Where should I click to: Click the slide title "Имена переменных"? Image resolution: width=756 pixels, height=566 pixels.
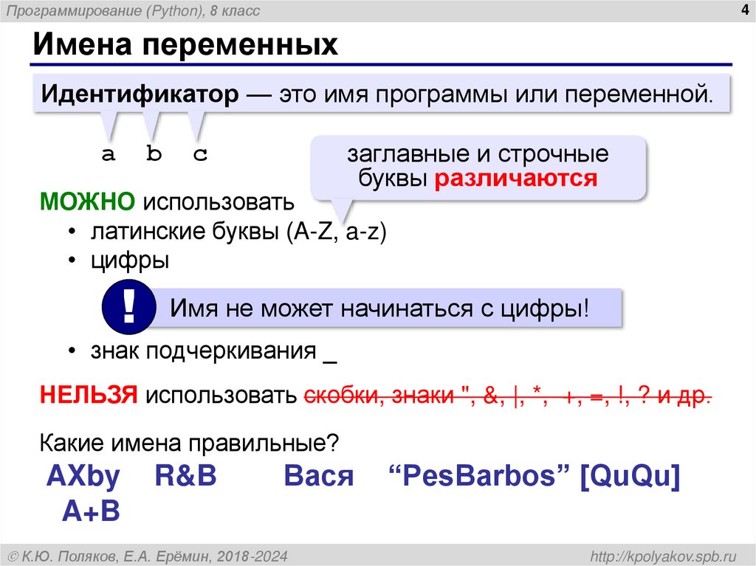pyautogui.click(x=184, y=45)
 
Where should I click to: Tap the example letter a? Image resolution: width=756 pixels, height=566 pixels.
pyautogui.click(x=109, y=154)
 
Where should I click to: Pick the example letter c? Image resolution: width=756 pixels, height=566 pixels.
pyautogui.click(x=200, y=154)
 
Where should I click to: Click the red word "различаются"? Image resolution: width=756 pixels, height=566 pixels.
pyautogui.click(x=515, y=179)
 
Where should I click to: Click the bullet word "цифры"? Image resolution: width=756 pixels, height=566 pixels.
pyautogui.click(x=130, y=260)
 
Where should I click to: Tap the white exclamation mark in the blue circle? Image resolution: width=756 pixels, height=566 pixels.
pyautogui.click(x=128, y=308)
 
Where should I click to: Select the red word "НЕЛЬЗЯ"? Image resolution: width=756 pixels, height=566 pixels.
pyautogui.click(x=89, y=396)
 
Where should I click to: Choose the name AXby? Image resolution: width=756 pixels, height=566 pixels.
pyautogui.click(x=83, y=477)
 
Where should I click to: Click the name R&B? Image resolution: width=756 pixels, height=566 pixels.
pyautogui.click(x=185, y=477)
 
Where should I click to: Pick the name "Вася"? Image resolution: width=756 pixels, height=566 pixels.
pyautogui.click(x=319, y=477)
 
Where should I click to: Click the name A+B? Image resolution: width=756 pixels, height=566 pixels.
pyautogui.click(x=92, y=511)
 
